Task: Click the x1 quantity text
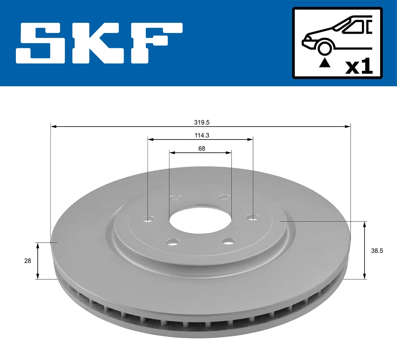point(359,66)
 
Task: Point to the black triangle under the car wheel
point(325,63)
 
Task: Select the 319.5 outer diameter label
point(201,122)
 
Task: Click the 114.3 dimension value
point(201,135)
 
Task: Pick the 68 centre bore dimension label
point(201,148)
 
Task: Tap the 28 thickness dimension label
point(27,261)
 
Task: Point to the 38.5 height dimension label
point(377,251)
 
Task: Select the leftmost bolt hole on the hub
point(148,219)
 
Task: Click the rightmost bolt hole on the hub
point(253,218)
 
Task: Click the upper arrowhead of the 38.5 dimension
point(365,224)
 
